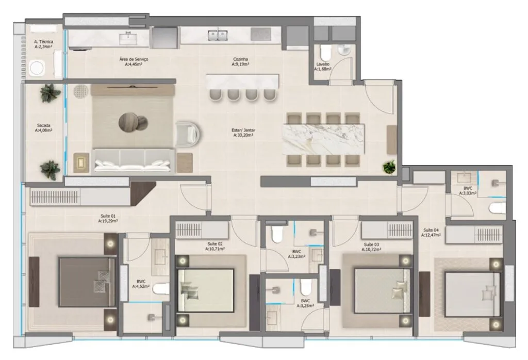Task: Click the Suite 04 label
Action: point(431,232)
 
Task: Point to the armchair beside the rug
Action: point(187,132)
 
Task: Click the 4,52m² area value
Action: point(141,286)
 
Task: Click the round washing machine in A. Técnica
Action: point(38,68)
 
